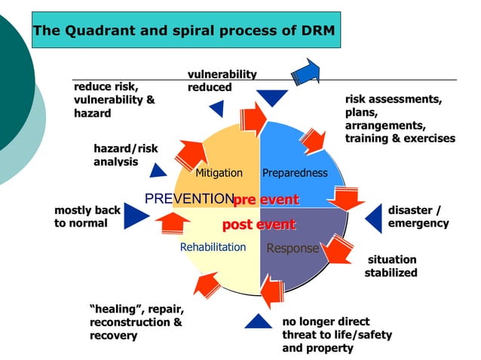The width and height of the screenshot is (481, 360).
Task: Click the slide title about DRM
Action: pyautogui.click(x=184, y=31)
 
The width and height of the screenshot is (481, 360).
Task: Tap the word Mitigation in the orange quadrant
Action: pyautogui.click(x=219, y=173)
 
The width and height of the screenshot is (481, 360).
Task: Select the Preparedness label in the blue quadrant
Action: pyautogui.click(x=295, y=173)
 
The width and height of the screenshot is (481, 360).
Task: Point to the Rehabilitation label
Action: pyautogui.click(x=213, y=247)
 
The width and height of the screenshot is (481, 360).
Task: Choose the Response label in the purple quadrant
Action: pyautogui.click(x=293, y=249)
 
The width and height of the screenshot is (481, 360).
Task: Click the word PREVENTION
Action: pyautogui.click(x=188, y=199)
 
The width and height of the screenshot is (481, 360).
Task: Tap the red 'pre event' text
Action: pyautogui.click(x=266, y=200)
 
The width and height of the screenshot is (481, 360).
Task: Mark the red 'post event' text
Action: pyautogui.click(x=259, y=225)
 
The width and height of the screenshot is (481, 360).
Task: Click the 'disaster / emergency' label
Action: pyautogui.click(x=418, y=217)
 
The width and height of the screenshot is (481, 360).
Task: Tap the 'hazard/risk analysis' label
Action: pyautogui.click(x=126, y=154)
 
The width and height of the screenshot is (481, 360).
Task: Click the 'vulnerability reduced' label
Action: pyautogui.click(x=222, y=81)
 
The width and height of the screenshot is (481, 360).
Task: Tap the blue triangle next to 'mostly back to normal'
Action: pyautogui.click(x=136, y=216)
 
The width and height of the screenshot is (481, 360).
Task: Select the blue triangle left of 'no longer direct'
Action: pyautogui.click(x=258, y=322)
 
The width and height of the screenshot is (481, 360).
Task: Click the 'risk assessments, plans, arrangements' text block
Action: pyautogui.click(x=400, y=118)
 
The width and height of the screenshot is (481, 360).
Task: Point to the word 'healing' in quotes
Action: pyautogui.click(x=115, y=310)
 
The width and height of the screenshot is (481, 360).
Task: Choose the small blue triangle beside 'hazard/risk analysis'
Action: pyautogui.click(x=158, y=170)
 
